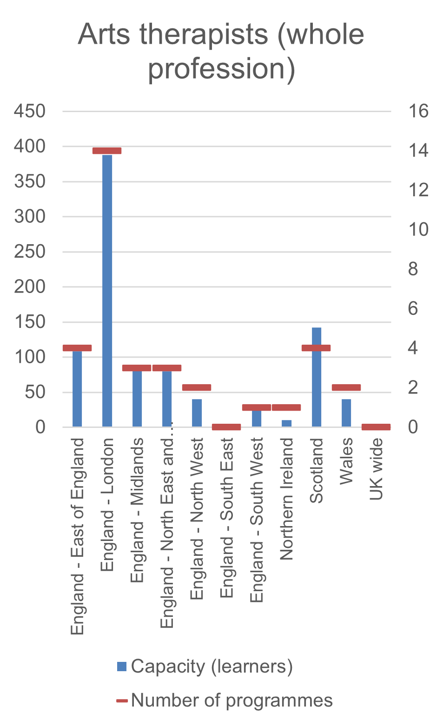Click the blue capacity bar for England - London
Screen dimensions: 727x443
tap(107, 291)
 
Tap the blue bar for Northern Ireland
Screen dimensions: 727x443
tap(286, 423)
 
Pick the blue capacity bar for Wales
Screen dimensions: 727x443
tap(346, 413)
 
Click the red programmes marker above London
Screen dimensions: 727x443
tap(107, 150)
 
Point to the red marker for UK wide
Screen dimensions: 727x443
tap(376, 427)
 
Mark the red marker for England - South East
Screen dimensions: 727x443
tap(226, 427)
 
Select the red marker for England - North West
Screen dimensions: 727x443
tap(197, 387)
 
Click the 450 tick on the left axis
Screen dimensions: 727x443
tap(30, 111)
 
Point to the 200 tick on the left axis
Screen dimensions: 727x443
tap(30, 287)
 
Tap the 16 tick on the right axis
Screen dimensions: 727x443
tap(418, 111)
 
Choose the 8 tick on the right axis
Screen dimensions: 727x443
tap(413, 269)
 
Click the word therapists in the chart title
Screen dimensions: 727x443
tap(204, 34)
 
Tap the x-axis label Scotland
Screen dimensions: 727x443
tap(316, 471)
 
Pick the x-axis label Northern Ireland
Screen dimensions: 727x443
tap(286, 499)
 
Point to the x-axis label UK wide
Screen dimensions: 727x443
tap(376, 469)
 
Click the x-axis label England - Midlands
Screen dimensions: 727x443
tap(137, 510)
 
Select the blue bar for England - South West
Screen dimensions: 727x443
tap(257, 418)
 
